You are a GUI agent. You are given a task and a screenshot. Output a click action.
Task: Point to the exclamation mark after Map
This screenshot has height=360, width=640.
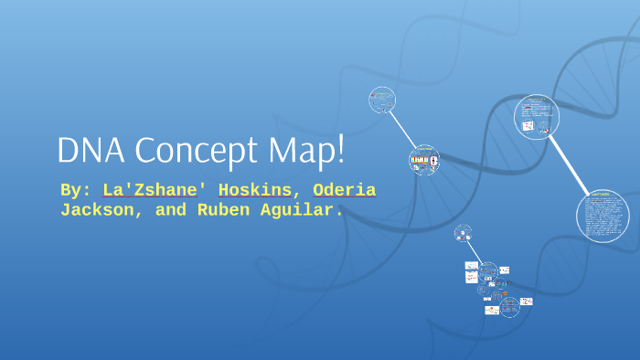click(341, 150)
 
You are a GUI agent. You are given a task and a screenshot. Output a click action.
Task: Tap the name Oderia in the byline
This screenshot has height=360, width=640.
click(343, 190)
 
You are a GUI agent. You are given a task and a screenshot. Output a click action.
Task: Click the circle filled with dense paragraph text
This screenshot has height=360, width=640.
click(603, 217)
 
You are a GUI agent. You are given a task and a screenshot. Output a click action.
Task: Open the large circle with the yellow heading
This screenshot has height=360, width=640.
click(536, 117)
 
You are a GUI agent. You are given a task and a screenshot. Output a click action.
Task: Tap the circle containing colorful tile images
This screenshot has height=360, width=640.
click(423, 162)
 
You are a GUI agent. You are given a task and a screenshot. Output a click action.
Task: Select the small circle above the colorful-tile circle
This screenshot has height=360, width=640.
click(382, 100)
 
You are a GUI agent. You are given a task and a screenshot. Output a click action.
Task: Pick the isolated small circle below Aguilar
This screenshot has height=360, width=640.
click(464, 233)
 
